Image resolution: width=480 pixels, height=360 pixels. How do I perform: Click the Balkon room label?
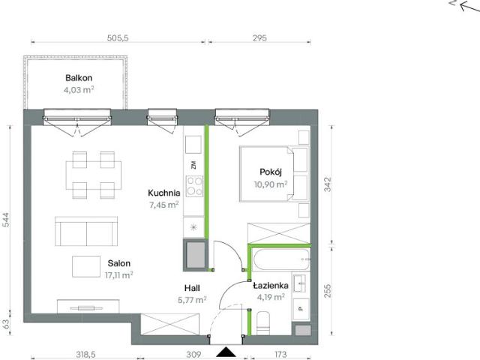pos(79,78)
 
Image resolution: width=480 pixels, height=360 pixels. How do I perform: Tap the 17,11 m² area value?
pos(118,275)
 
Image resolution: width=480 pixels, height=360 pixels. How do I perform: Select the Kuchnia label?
pos(163,193)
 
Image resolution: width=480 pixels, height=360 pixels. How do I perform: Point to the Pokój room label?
pos(271,172)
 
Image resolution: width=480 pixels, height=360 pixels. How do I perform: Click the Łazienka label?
pos(271,286)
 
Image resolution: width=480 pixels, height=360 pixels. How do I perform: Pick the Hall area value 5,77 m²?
pos(192,300)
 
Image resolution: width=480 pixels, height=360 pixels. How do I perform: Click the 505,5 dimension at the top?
pos(118,38)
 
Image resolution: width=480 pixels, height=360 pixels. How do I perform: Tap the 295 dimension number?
pos(259,38)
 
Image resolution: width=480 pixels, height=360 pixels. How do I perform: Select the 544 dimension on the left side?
pos(6,220)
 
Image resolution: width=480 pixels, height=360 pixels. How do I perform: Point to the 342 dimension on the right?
pos(328,184)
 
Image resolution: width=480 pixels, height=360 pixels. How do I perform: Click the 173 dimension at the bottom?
pos(280,355)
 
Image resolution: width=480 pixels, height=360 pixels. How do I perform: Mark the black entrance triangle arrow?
pos(226,352)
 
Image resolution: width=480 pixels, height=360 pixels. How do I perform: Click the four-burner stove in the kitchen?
pos(195,186)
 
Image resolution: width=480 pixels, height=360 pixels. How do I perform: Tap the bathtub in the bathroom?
pos(281,259)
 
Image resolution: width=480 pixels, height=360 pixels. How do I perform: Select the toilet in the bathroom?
pos(263,322)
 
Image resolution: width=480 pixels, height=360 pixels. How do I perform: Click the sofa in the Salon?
pos(86,231)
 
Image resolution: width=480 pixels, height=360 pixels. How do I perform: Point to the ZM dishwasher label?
pos(193,165)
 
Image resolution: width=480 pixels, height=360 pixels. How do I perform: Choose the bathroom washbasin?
pos(300,283)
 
